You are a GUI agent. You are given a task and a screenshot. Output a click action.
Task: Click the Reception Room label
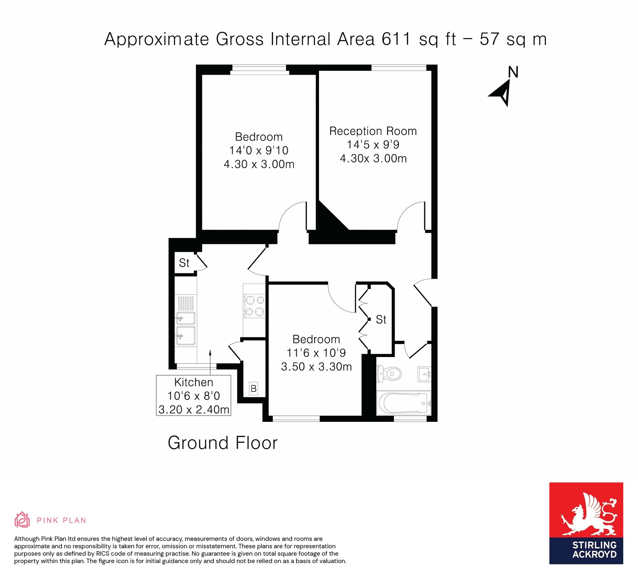pos(373,131)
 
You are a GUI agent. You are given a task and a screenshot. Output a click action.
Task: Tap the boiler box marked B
pos(254,388)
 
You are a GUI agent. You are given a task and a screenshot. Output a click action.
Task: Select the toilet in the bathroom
pos(389,373)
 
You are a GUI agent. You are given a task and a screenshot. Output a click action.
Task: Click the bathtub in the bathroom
pos(404,403)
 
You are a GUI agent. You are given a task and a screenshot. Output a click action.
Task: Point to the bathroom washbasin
pos(424,374)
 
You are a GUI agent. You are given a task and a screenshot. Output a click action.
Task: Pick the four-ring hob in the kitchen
pos(255,306)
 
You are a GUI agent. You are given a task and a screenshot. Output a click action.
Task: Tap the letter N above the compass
pos(513,72)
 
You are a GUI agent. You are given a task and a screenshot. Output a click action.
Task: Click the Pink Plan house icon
pos(22,520)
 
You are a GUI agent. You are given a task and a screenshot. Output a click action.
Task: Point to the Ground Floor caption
pos(223,443)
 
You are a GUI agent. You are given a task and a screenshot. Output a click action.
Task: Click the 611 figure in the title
pos(396,39)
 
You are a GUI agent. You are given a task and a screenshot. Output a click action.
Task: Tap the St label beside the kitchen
pos(184,263)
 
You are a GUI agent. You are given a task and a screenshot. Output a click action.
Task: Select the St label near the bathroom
pos(381,319)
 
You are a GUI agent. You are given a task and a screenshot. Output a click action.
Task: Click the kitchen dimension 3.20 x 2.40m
pos(194,409)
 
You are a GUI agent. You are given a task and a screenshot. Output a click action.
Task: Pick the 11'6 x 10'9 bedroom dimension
pos(316,353)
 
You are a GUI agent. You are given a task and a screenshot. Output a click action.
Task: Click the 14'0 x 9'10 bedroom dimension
pos(259,150)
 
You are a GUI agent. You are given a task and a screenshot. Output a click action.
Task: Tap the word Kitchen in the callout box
pos(194,382)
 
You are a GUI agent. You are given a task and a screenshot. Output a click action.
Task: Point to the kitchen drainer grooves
pos(186,303)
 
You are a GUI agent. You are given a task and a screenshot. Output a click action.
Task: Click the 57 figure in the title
pos(489,39)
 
